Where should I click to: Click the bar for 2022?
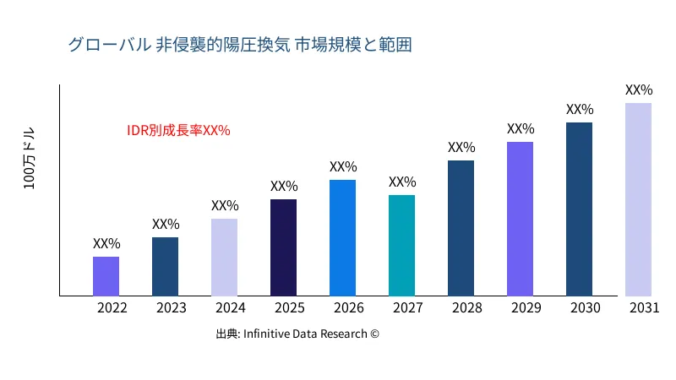[106, 276]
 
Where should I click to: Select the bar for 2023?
[165, 267]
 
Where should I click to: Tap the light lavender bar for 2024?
[224, 258]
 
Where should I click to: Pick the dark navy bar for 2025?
[283, 247]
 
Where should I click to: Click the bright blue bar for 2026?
[342, 238]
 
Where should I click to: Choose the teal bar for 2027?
[401, 246]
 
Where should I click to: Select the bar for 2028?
[461, 228]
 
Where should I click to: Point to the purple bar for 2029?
[520, 219]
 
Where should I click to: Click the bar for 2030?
[579, 209]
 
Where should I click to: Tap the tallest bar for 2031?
[638, 199]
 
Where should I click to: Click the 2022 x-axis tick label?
[112, 308]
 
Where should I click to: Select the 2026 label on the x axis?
[349, 308]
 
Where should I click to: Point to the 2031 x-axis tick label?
[645, 308]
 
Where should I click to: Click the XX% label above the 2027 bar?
[402, 182]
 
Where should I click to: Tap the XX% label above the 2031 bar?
[639, 90]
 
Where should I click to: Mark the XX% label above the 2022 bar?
[106, 244]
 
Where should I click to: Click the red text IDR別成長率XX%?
[178, 131]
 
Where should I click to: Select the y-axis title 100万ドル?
[30, 160]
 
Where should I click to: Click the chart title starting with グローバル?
[240, 45]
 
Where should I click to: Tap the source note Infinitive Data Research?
[297, 334]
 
